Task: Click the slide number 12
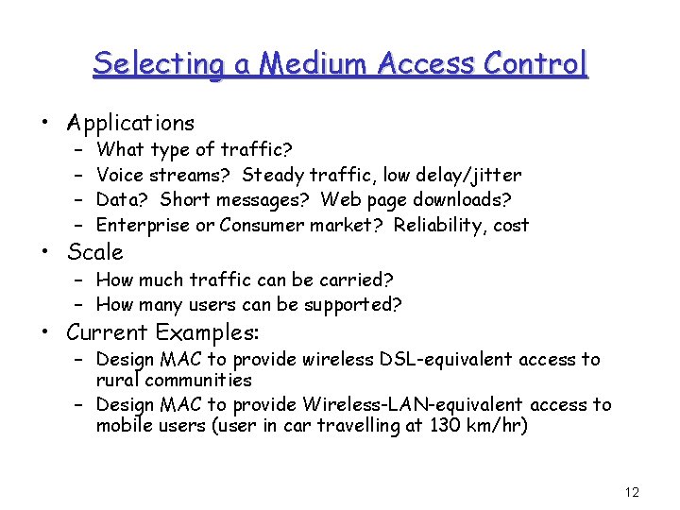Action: [632, 492]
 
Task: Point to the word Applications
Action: [130, 123]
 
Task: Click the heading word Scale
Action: [94, 252]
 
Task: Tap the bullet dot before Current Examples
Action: [45, 332]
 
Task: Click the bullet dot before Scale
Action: [45, 252]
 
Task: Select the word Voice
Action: [119, 174]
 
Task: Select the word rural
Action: [116, 380]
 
